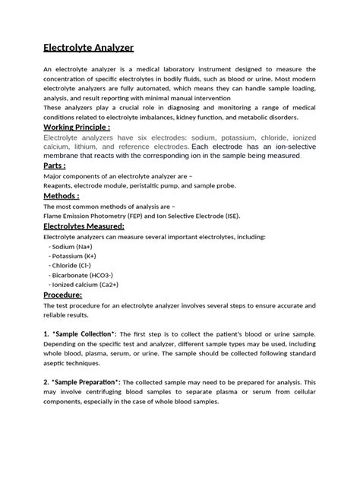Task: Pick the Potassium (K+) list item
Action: coord(79,256)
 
